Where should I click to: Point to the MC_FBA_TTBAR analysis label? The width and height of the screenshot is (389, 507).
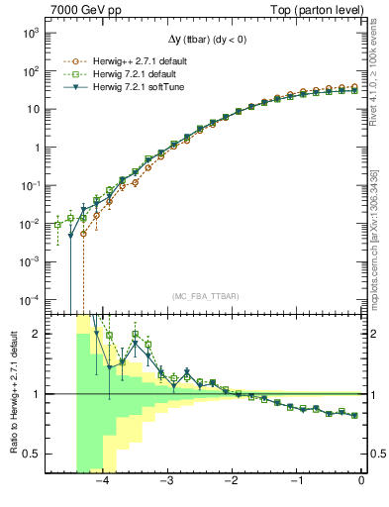(x=204, y=296)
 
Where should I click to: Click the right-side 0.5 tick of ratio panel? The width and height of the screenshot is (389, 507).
(x=375, y=455)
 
